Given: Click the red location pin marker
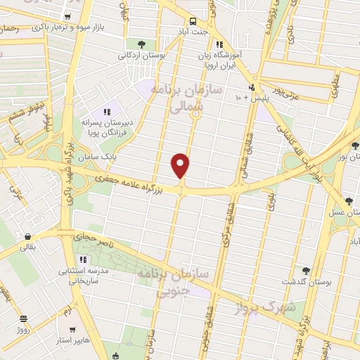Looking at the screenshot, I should pyautogui.click(x=181, y=165).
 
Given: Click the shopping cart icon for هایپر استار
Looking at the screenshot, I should pyautogui.click(x=73, y=328).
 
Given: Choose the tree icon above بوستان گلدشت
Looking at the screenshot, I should pyautogui.click(x=305, y=271).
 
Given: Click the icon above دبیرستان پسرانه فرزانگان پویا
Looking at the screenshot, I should pyautogui.click(x=108, y=112).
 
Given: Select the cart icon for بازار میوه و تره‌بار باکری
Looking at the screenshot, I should pyautogui.click(x=67, y=17).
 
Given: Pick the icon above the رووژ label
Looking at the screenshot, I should pyautogui.click(x=24, y=318).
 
